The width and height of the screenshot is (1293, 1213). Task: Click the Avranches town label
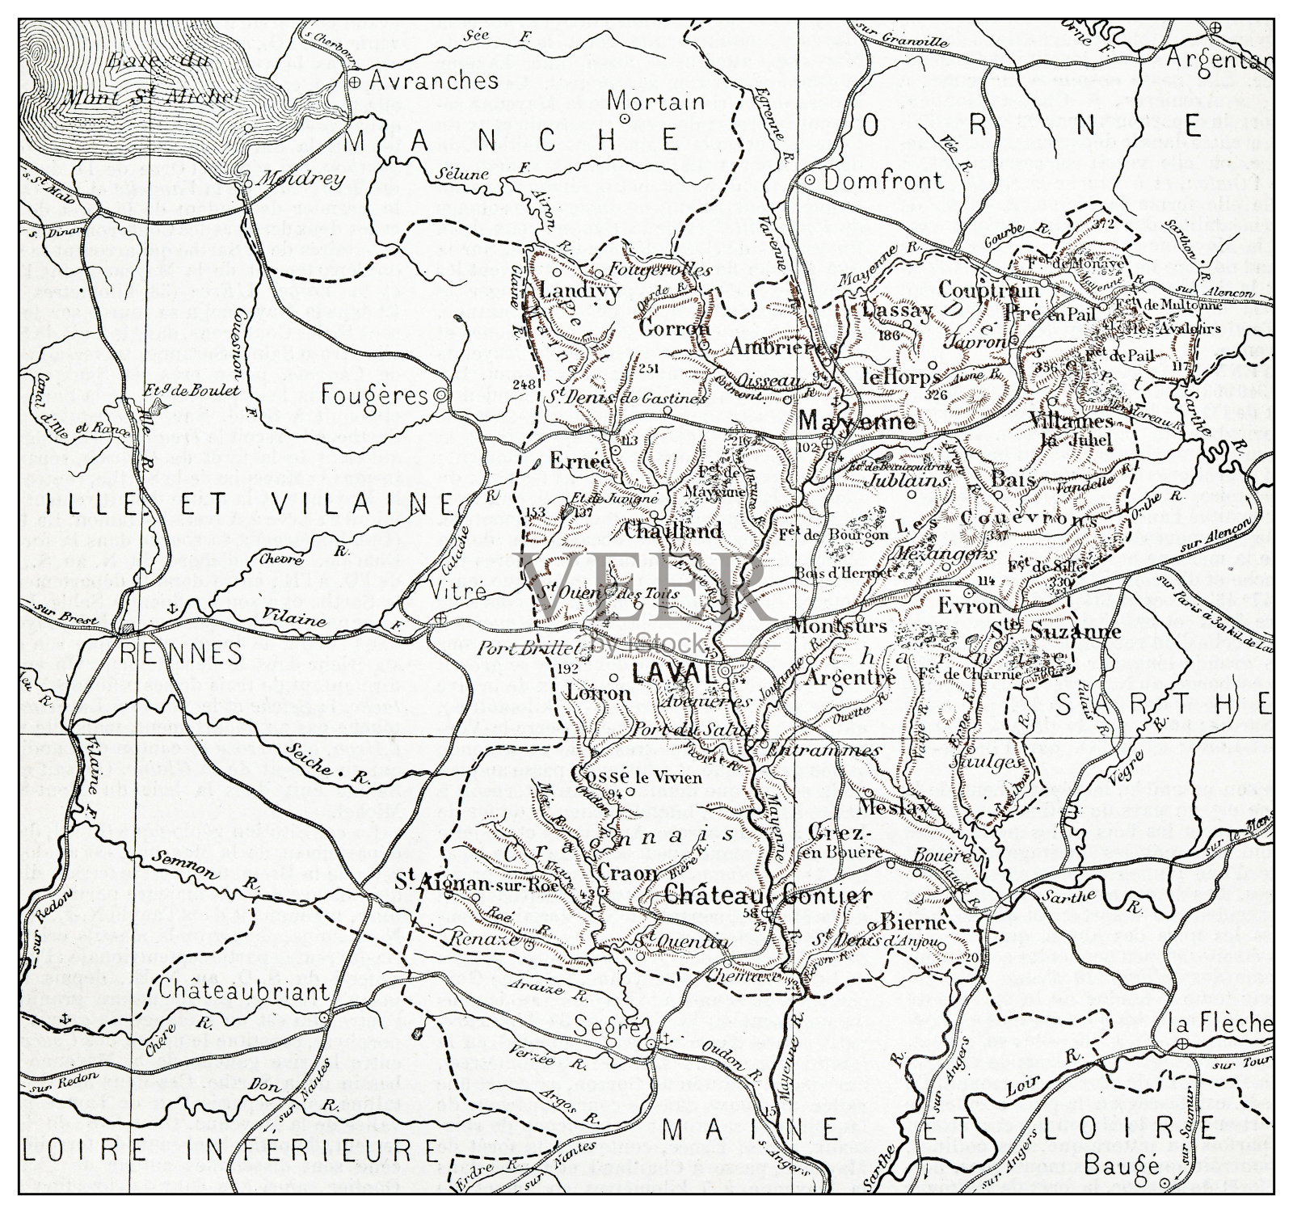click(x=434, y=80)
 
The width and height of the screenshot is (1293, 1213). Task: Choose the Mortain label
click(x=667, y=102)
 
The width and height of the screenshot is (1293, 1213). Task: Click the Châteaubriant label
click(x=233, y=991)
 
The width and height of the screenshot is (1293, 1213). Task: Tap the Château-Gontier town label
click(x=768, y=895)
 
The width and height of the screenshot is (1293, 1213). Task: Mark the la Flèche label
click(x=1221, y=1023)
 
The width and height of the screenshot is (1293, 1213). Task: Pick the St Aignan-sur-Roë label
click(x=466, y=885)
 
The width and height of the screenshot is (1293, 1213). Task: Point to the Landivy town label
click(x=579, y=290)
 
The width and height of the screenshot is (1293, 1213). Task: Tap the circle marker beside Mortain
click(x=625, y=118)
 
